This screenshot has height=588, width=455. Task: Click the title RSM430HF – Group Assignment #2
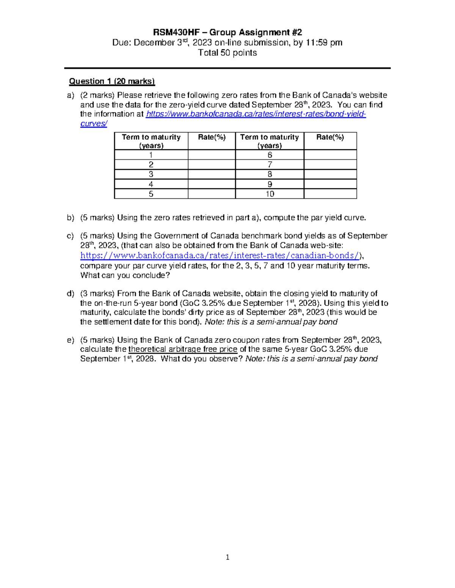click(227, 33)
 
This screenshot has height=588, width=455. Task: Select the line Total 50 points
click(227, 53)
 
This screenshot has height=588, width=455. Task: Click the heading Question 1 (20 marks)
click(112, 81)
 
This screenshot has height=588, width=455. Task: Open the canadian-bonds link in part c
click(220, 256)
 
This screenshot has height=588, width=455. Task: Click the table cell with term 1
click(151, 155)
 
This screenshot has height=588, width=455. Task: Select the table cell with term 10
click(270, 194)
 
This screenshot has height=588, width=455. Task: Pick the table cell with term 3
click(151, 174)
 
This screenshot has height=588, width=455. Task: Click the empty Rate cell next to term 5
click(212, 194)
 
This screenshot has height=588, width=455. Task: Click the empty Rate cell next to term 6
click(330, 155)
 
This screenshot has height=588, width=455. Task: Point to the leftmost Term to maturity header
click(151, 141)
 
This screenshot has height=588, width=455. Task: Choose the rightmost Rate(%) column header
click(330, 137)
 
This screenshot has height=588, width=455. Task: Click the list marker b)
click(71, 218)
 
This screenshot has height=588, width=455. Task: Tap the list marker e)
click(71, 340)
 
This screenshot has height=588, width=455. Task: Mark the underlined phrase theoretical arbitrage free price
click(183, 349)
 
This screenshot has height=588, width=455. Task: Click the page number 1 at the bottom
click(227, 557)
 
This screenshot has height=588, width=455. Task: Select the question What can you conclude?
click(125, 275)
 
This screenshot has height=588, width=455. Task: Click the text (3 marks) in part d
click(97, 293)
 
